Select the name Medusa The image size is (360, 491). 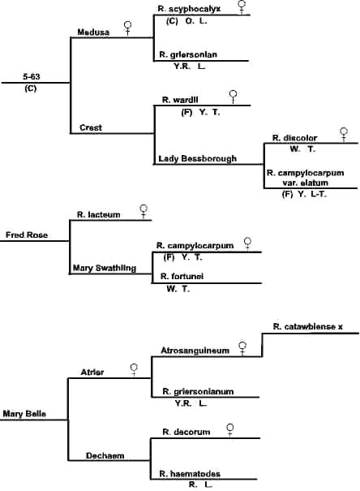coord(93,31)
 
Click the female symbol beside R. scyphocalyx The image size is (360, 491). coord(242,7)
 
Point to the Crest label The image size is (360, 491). coord(89,127)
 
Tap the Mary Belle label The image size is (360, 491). coord(23,413)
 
